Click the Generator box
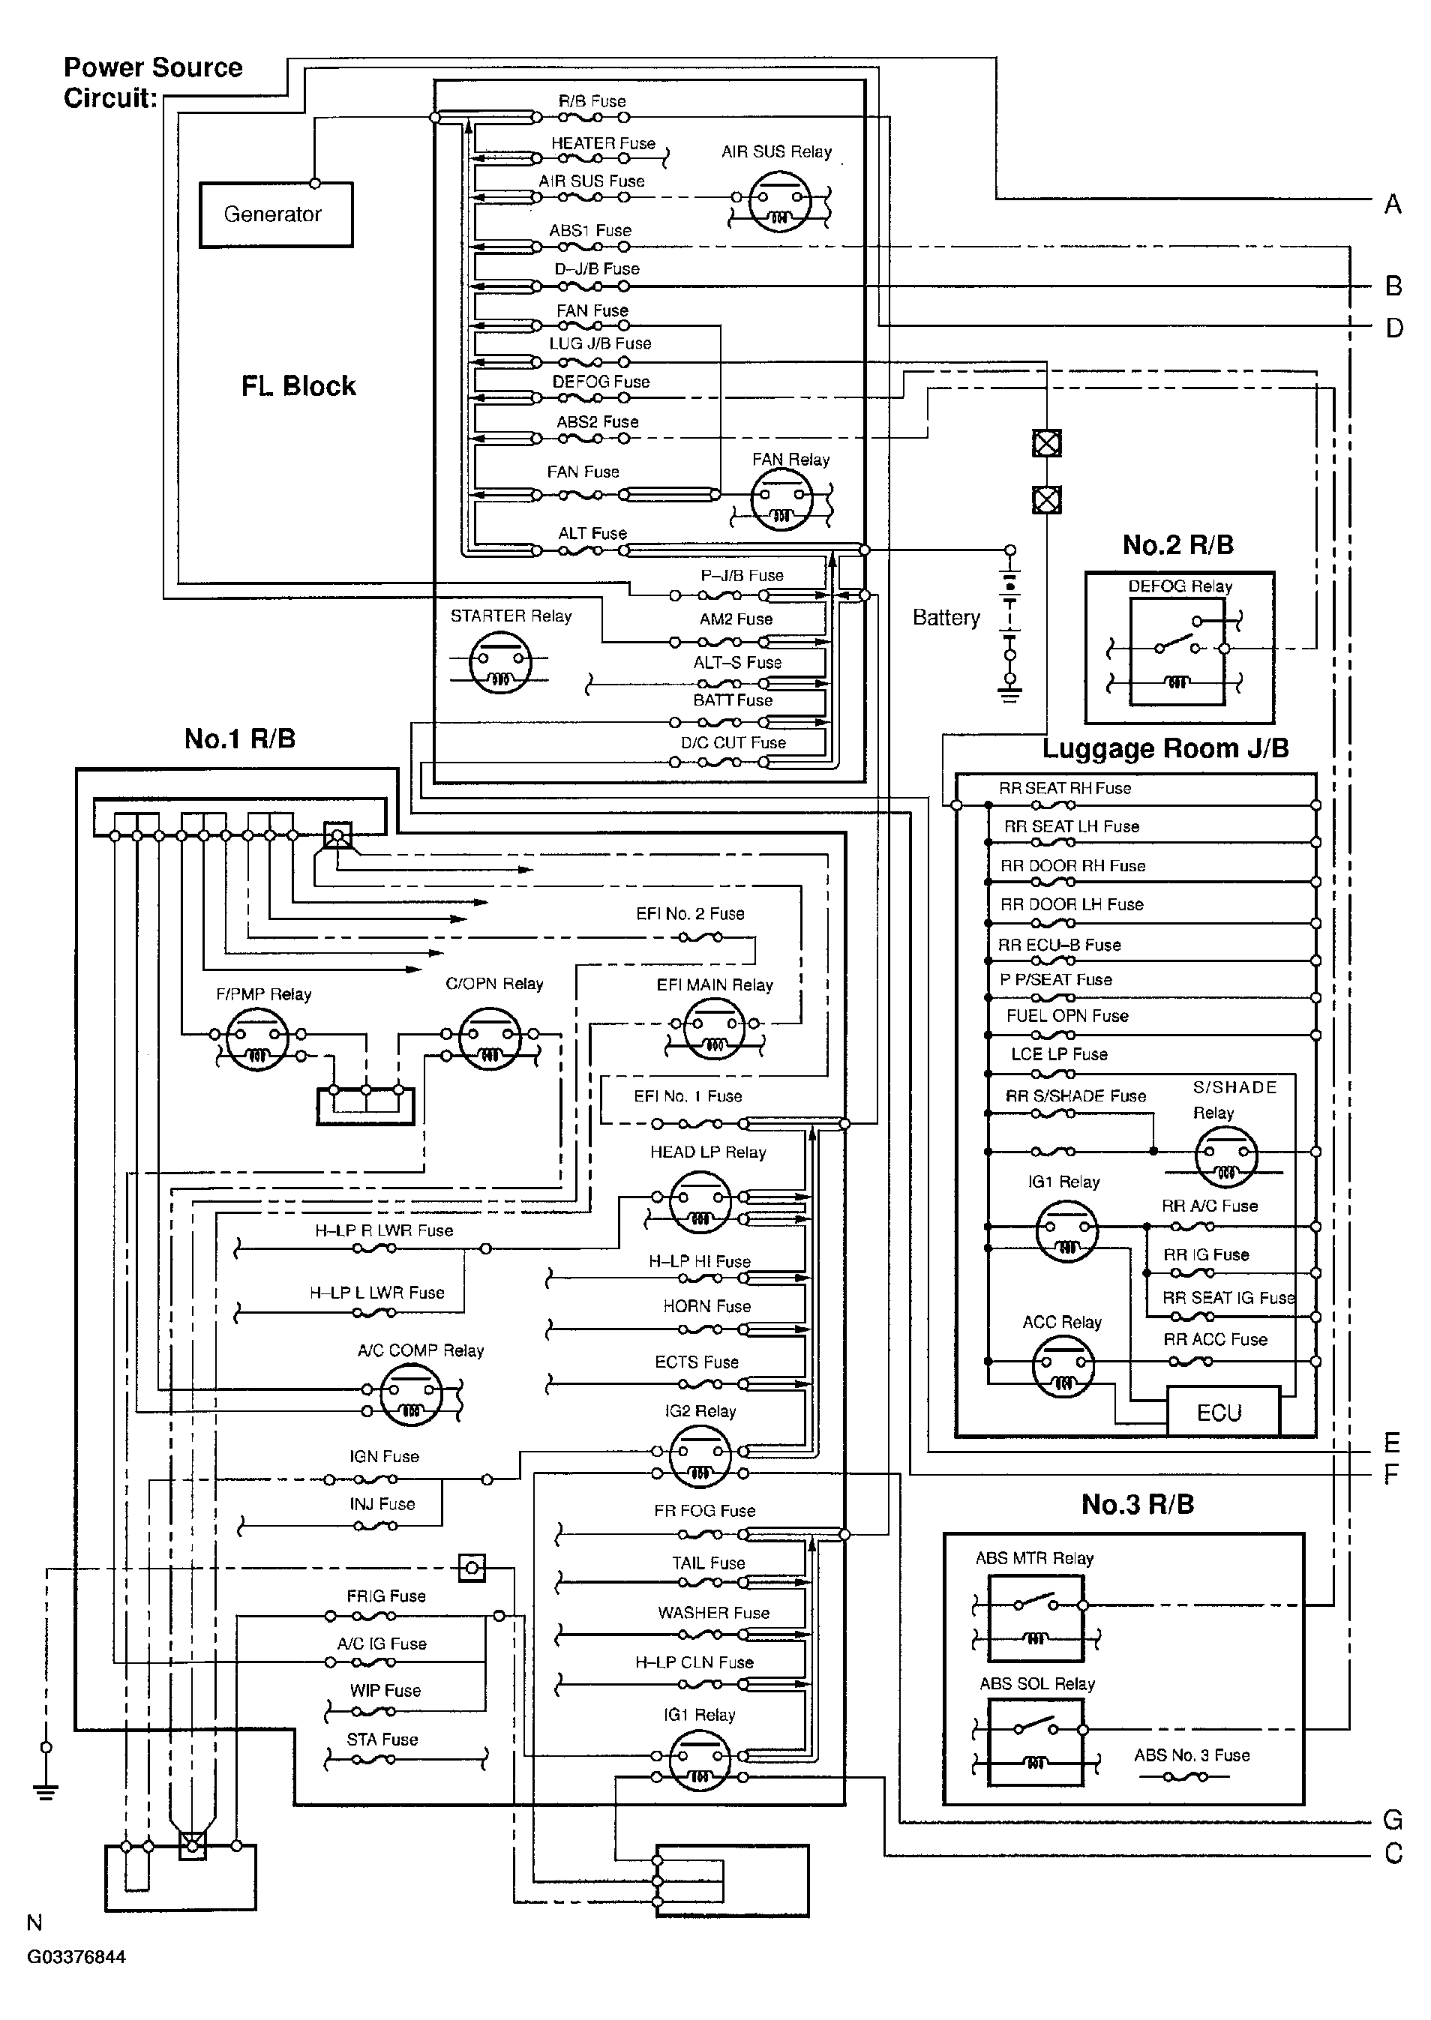pyautogui.click(x=275, y=214)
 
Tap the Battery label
pyautogui.click(x=946, y=618)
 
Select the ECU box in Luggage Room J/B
pyautogui.click(x=1220, y=1412)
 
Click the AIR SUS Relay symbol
pyautogui.click(x=780, y=202)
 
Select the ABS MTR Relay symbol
pyautogui.click(x=1035, y=1617)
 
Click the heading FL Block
pyautogui.click(x=298, y=386)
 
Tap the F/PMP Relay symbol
pyautogui.click(x=257, y=1039)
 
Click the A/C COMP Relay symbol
pyautogui.click(x=410, y=1395)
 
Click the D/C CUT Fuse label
pyautogui.click(x=732, y=742)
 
